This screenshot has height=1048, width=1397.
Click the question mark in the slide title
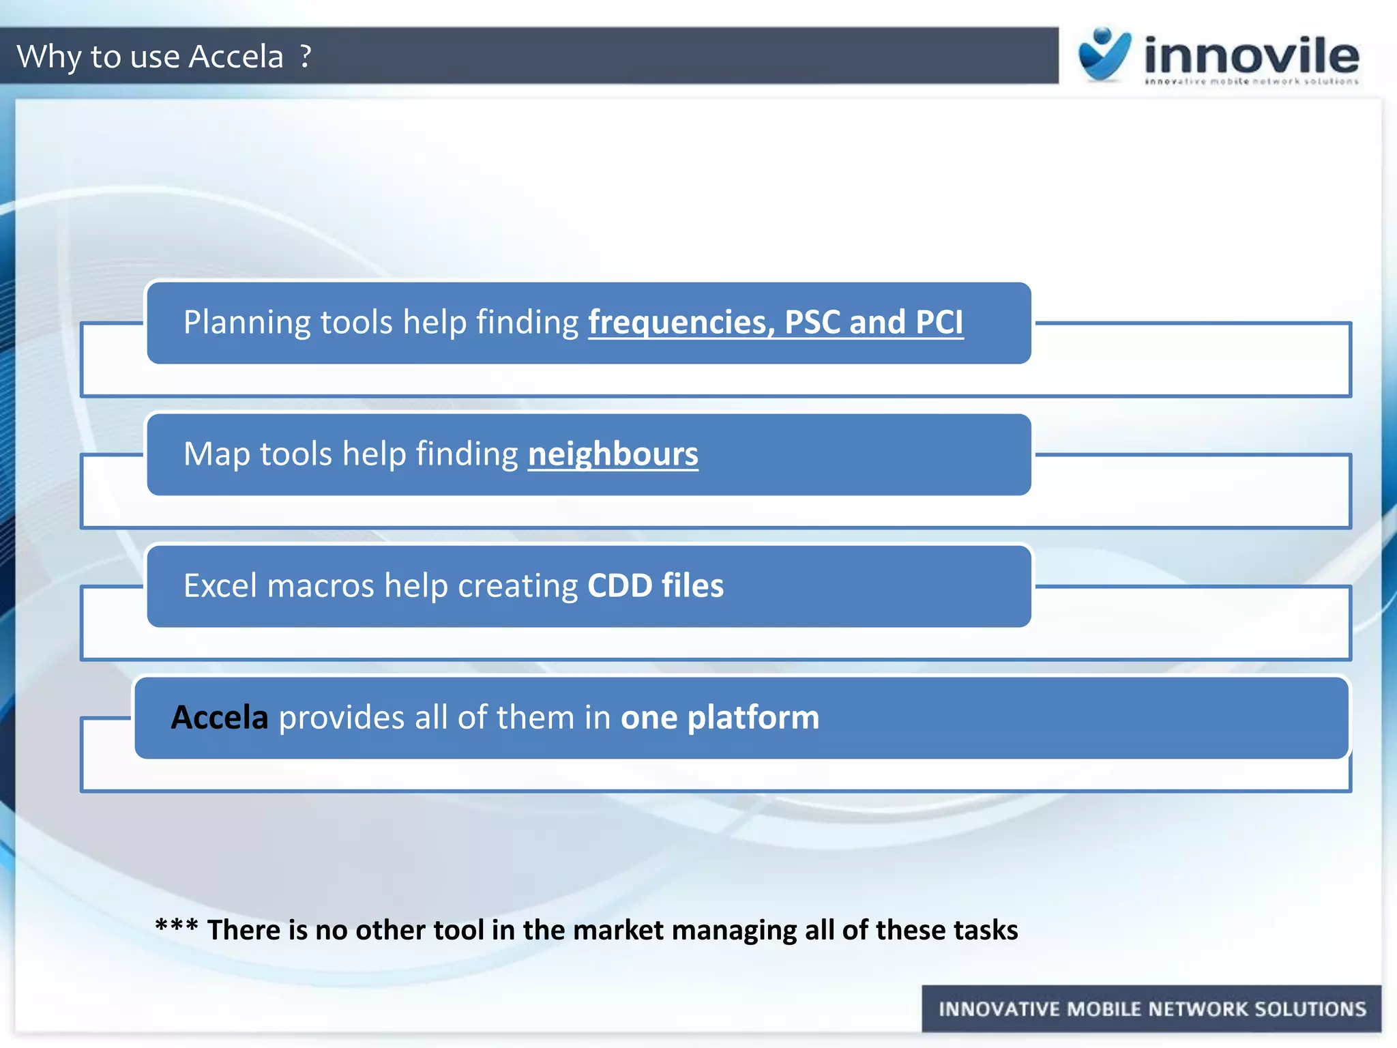(306, 56)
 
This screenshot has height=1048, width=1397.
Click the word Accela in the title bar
(235, 56)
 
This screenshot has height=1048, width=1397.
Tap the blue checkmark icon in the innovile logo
(1104, 55)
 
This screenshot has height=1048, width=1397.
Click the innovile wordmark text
(1252, 56)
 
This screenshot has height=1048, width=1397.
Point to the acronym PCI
(939, 322)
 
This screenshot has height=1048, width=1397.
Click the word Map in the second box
(216, 454)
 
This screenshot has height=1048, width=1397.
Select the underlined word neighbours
(613, 454)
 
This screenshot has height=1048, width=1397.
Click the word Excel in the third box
(221, 585)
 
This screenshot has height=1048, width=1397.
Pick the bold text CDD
(619, 585)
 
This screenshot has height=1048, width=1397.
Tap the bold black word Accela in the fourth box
(219, 717)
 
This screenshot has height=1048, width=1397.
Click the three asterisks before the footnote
(176, 927)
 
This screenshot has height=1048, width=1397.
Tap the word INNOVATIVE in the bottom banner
(999, 1009)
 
